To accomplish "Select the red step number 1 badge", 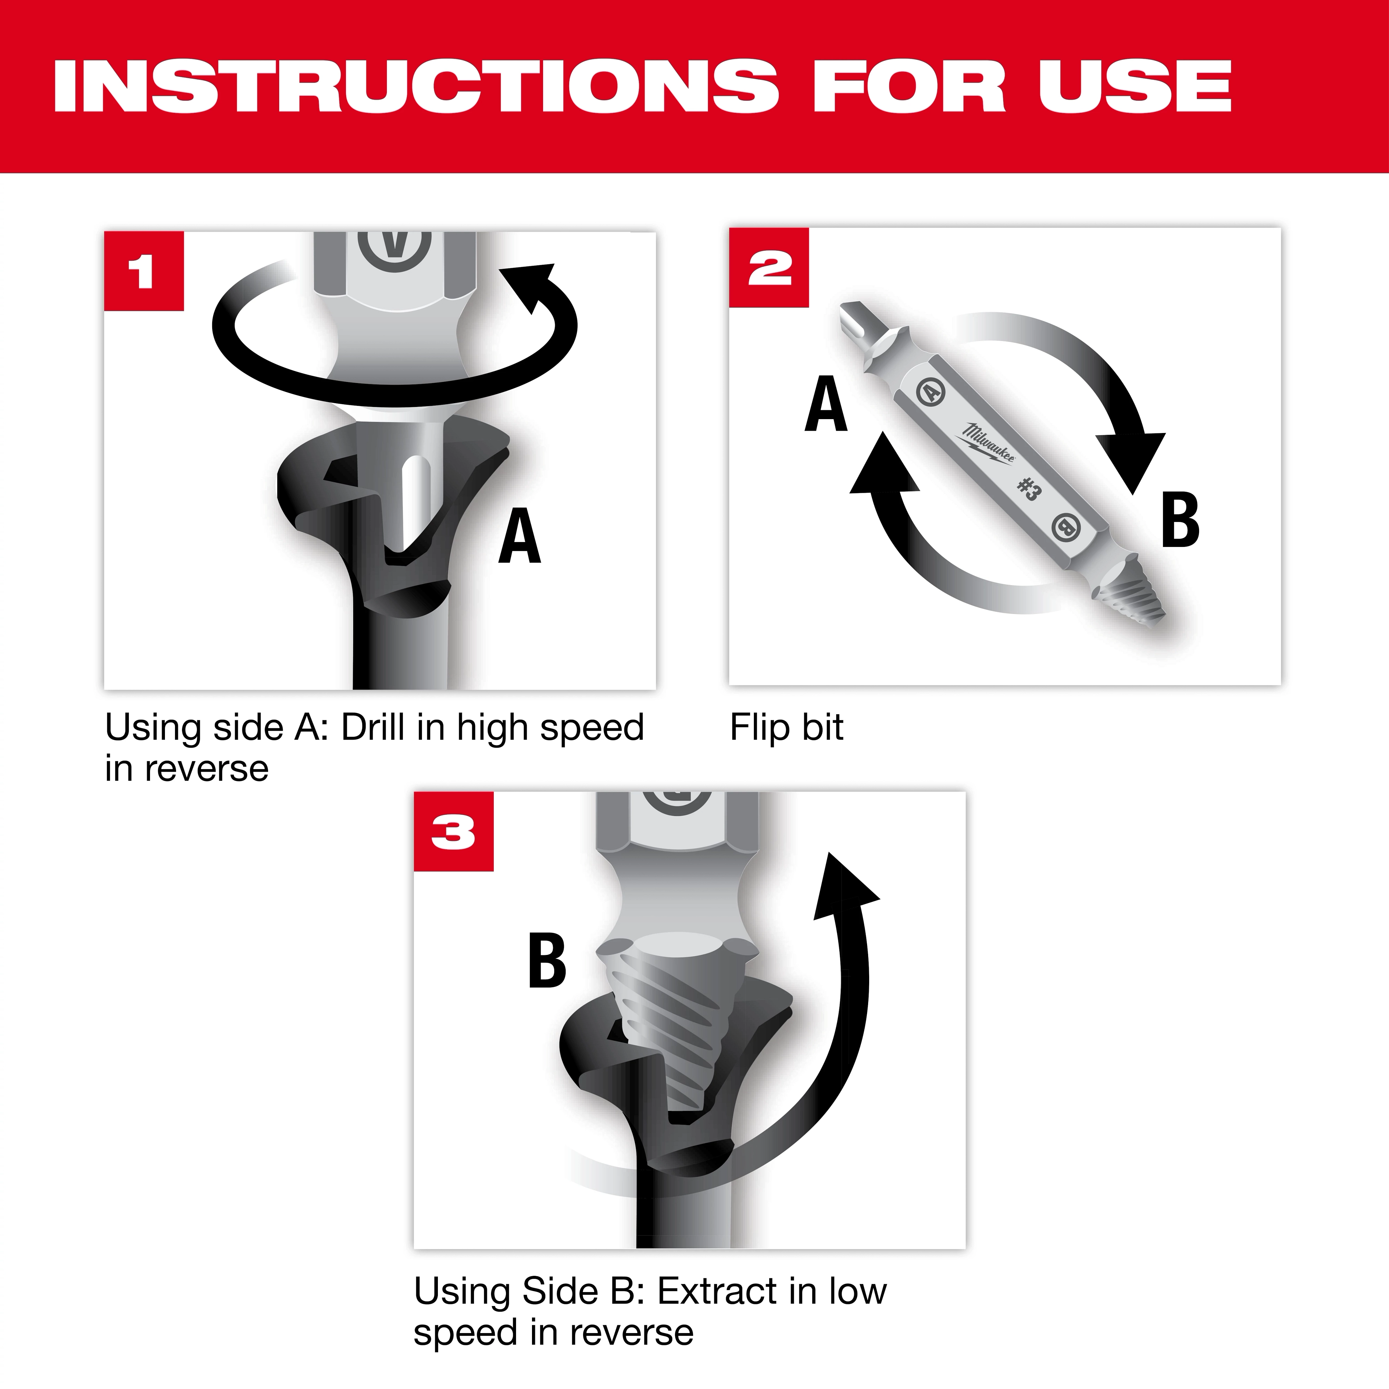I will coord(144,271).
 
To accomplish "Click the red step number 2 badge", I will coord(768,267).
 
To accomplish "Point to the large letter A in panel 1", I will coord(519,537).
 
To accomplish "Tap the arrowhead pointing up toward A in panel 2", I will coord(884,467).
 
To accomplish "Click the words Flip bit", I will coord(787,727).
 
